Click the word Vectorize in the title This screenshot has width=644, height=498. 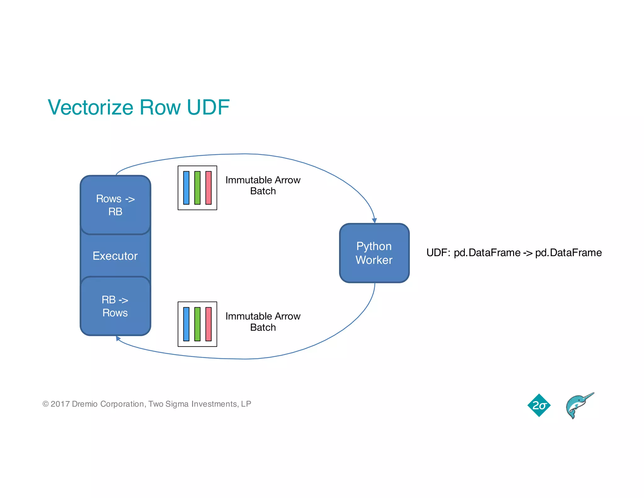pyautogui.click(x=91, y=107)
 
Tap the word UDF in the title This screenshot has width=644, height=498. pyautogui.click(x=208, y=107)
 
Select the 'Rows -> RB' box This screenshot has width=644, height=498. pyautogui.click(x=115, y=205)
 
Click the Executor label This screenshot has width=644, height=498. pyautogui.click(x=115, y=256)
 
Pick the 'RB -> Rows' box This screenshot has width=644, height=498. pyautogui.click(x=115, y=306)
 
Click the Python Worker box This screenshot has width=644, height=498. pyautogui.click(x=374, y=253)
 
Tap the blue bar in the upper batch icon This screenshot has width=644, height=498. pyautogui.click(x=186, y=188)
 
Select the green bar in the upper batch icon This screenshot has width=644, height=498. pyautogui.click(x=197, y=188)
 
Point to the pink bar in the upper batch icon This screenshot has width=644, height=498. pyautogui.click(x=208, y=188)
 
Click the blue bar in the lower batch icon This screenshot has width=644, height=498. pyautogui.click(x=186, y=324)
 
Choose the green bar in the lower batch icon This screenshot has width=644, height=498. pyautogui.click(x=197, y=324)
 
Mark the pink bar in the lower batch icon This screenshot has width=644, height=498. pyautogui.click(x=208, y=324)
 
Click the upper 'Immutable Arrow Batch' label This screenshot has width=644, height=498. pyautogui.click(x=263, y=185)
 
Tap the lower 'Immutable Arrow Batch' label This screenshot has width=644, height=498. pyautogui.click(x=263, y=322)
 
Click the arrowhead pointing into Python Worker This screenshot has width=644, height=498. pyautogui.click(x=374, y=221)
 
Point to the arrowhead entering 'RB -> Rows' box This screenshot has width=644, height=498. pyautogui.click(x=118, y=338)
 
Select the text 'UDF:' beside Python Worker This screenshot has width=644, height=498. pyautogui.click(x=438, y=253)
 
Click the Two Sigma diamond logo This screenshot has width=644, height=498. pyautogui.click(x=539, y=405)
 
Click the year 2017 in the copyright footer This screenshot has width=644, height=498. pyautogui.click(x=60, y=404)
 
